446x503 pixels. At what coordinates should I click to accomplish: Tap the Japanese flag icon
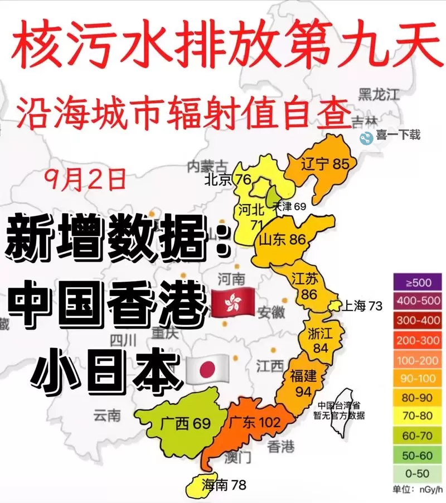coord(207,368)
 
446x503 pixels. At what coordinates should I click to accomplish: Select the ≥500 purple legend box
coord(418,282)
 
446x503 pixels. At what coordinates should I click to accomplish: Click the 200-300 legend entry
coord(418,340)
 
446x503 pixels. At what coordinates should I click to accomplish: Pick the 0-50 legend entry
coord(418,473)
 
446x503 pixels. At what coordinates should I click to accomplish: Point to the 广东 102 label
coord(254,422)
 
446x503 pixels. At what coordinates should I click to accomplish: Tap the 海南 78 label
coord(224,485)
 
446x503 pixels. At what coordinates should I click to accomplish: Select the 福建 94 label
coord(303,384)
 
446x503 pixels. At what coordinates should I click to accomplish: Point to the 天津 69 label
coord(289,206)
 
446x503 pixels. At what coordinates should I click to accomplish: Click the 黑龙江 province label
coord(379,93)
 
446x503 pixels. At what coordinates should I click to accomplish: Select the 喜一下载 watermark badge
coord(390,135)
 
